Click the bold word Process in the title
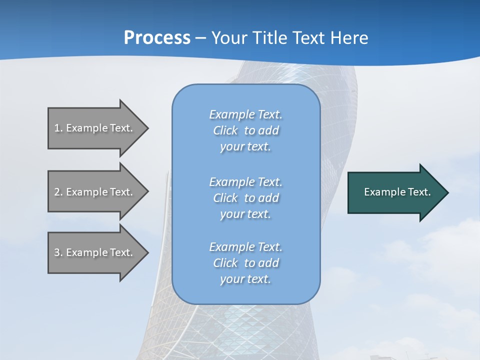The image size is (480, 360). (157, 37)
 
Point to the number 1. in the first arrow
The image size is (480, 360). (58, 128)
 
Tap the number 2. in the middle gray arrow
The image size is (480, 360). (58, 192)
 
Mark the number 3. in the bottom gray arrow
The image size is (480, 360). (58, 252)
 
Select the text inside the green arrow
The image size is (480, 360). (397, 192)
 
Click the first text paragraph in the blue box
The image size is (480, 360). (245, 130)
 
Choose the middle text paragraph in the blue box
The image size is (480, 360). (245, 198)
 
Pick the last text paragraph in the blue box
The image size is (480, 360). (245, 263)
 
